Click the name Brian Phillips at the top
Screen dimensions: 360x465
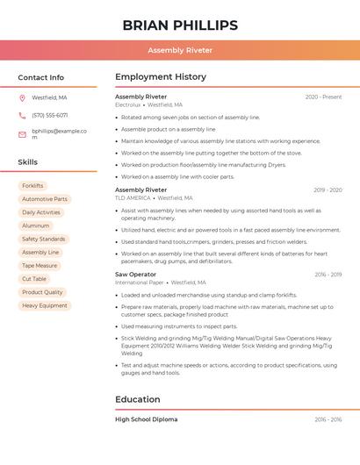coord(180,25)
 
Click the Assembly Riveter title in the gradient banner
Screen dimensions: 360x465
coord(180,50)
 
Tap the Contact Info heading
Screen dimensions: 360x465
coord(41,77)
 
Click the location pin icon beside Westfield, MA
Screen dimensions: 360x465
coord(22,97)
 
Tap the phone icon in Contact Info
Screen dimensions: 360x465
coord(22,115)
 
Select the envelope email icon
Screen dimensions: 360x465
coord(22,134)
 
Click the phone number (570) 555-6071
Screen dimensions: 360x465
coord(50,115)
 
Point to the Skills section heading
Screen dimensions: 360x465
coord(28,162)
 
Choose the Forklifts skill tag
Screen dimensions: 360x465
coord(32,186)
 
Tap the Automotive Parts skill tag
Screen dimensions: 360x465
coord(44,199)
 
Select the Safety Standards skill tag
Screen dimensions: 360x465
coord(43,239)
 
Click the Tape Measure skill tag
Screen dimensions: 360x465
coord(40,265)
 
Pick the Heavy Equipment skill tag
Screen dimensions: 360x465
coord(45,305)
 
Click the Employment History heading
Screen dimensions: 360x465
coord(161,77)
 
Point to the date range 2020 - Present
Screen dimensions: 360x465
coord(323,97)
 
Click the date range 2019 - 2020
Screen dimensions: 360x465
coord(327,190)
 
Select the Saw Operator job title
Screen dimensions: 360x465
coord(135,275)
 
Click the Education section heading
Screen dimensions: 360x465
coord(138,399)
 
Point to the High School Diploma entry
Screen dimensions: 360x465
coord(146,419)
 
